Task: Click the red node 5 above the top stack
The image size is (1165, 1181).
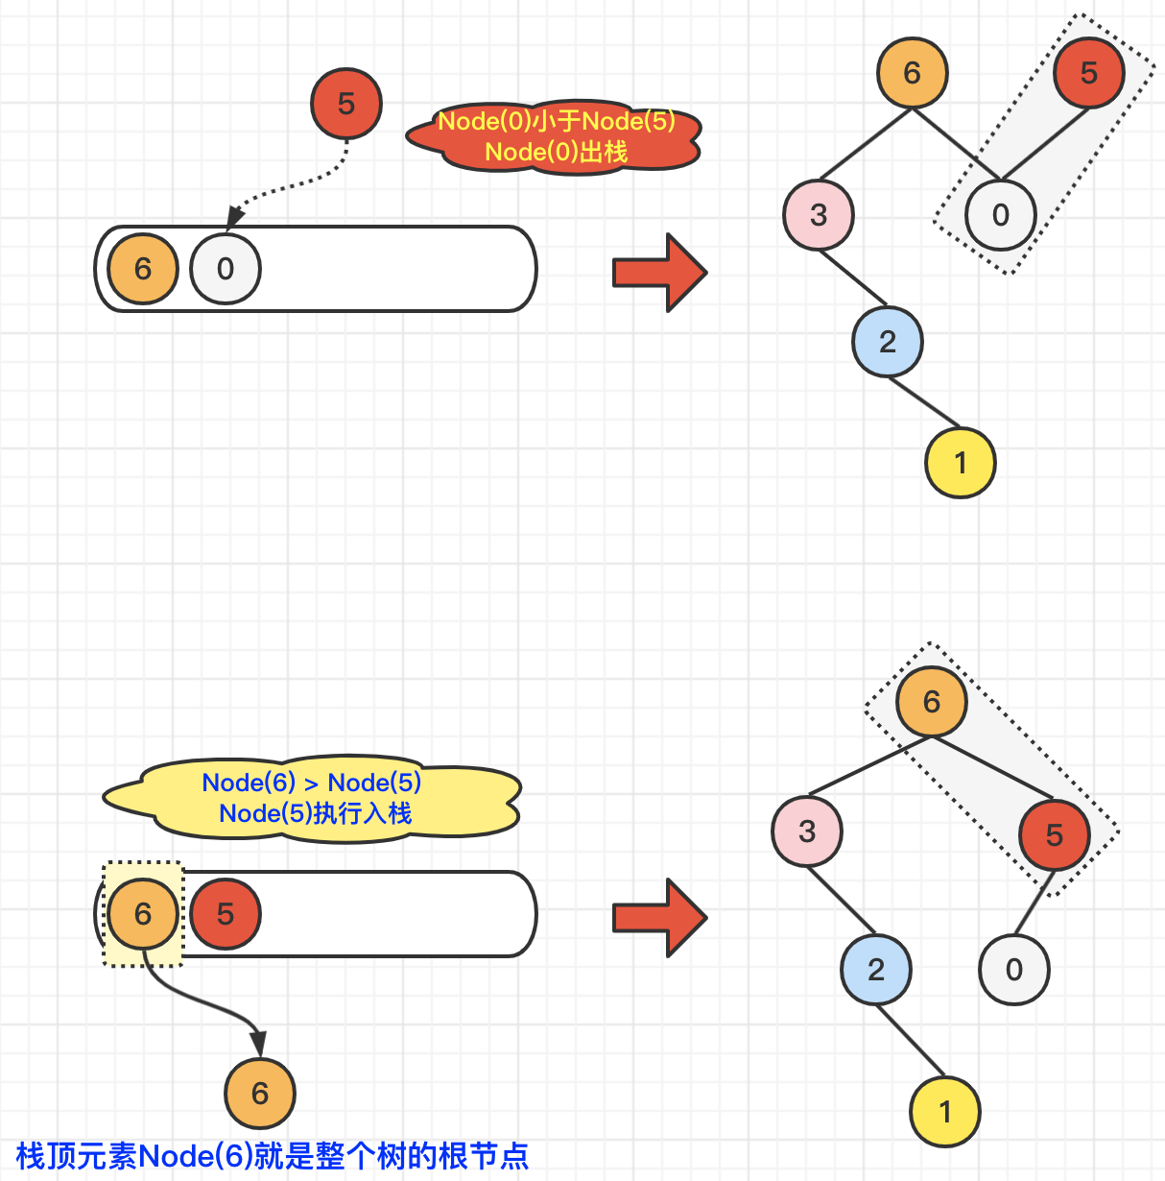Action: tap(346, 103)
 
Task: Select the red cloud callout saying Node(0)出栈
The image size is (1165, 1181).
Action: tap(555, 136)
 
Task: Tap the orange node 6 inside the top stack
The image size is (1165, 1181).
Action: tap(143, 269)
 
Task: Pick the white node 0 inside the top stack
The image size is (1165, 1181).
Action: tap(226, 269)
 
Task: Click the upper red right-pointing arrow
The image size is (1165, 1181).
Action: tap(659, 273)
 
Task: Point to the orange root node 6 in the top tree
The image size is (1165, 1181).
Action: tap(912, 73)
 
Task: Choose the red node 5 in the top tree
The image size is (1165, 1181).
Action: tap(1088, 73)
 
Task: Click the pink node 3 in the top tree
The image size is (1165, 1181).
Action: tap(819, 214)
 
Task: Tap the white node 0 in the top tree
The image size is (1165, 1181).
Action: tap(1000, 214)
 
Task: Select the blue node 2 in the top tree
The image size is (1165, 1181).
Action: tap(888, 341)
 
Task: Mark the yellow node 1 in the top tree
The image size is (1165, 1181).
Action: tap(960, 463)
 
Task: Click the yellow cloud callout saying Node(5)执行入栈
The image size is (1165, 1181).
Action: tap(313, 799)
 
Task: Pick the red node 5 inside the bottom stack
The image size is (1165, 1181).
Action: tap(226, 913)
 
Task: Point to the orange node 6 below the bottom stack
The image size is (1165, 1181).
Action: tap(260, 1093)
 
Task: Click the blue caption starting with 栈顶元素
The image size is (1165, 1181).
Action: tap(273, 1156)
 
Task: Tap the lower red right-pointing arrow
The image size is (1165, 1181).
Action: tap(659, 918)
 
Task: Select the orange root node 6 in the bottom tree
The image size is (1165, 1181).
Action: tap(931, 702)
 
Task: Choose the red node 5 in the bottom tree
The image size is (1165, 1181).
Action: tap(1054, 835)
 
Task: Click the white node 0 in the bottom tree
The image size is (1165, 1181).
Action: tap(1013, 970)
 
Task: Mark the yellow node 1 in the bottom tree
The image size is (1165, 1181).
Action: tap(945, 1112)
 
